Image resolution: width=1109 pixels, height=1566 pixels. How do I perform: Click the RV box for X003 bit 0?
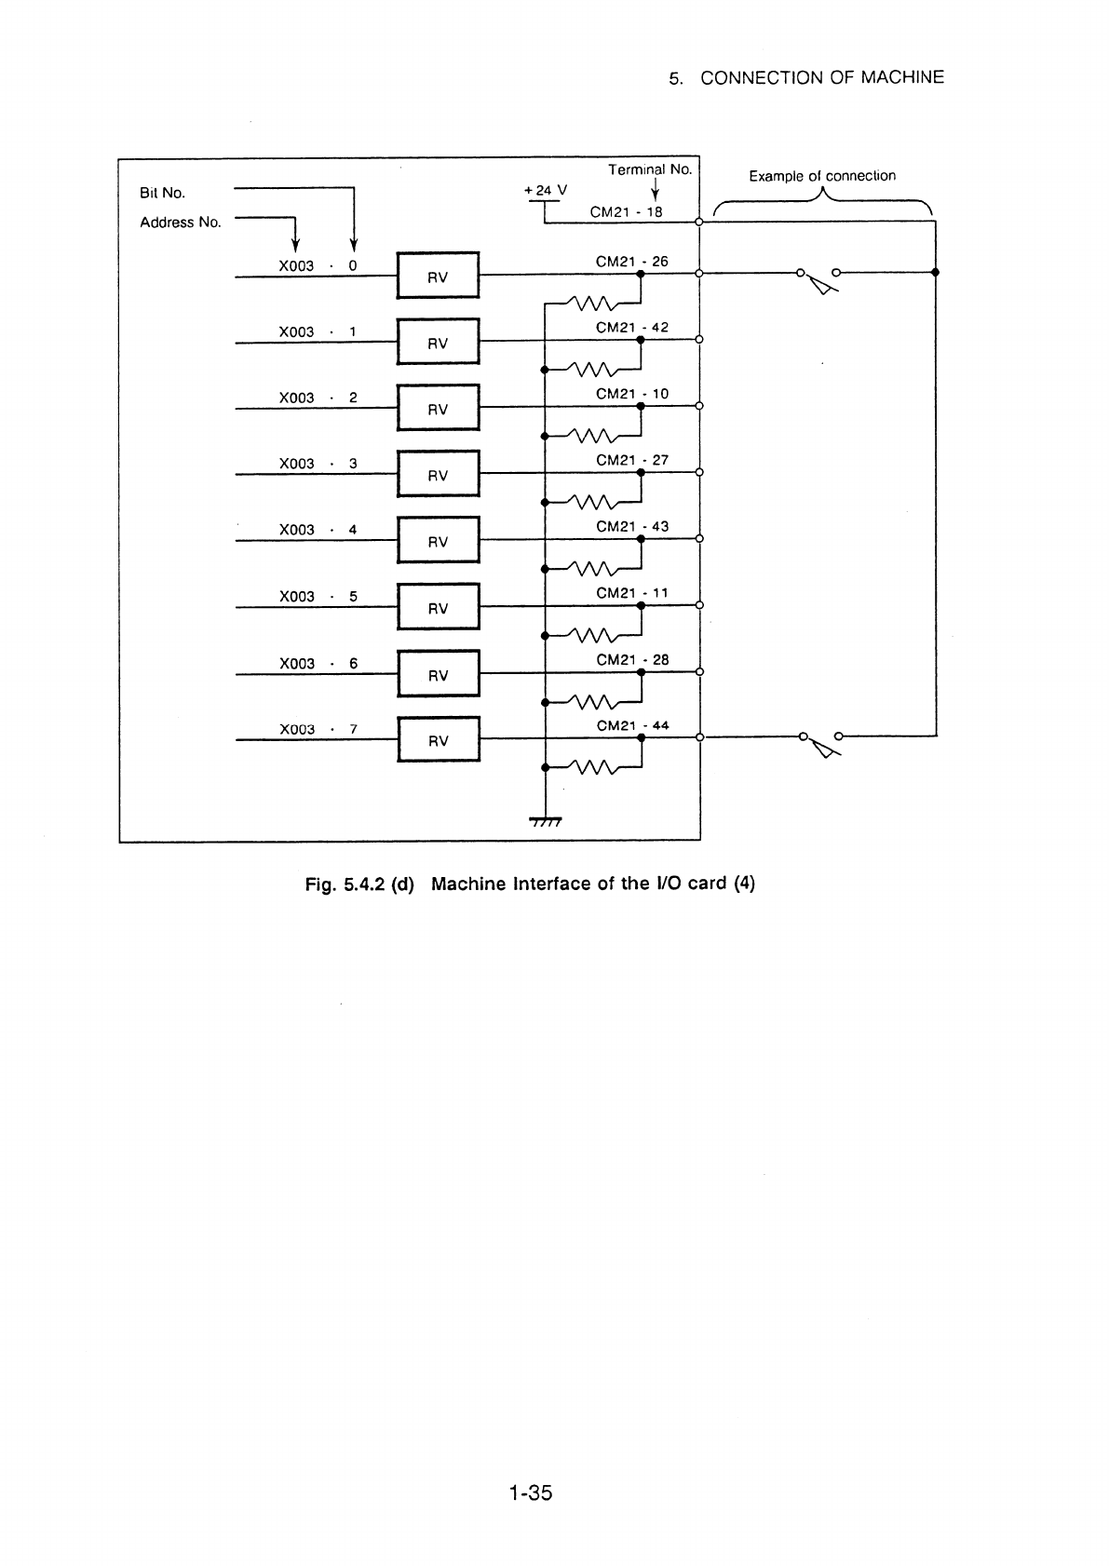[438, 275]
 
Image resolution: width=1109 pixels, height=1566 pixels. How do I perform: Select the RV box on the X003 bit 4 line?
[439, 540]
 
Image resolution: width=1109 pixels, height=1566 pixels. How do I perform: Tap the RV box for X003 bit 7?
[439, 739]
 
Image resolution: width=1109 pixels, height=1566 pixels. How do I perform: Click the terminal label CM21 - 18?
[626, 212]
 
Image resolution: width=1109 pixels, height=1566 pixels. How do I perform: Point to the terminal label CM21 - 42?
[632, 327]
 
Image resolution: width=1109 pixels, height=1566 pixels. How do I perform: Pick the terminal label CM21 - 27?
[632, 460]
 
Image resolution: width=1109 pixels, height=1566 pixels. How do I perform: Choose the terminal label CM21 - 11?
[632, 593]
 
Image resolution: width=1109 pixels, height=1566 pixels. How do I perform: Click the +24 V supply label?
[546, 190]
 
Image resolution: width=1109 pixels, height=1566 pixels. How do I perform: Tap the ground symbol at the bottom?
[546, 821]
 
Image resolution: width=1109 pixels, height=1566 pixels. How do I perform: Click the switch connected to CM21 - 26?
[818, 279]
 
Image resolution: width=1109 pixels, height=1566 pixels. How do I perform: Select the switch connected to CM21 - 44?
[821, 743]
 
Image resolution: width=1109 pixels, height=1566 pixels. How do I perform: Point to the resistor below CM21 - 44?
[593, 767]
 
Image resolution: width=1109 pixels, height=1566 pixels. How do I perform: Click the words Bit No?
[162, 193]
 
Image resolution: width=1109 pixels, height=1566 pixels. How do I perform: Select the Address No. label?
[181, 223]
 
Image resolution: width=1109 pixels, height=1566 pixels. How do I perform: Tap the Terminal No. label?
[650, 169]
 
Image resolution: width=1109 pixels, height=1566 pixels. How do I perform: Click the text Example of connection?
[822, 175]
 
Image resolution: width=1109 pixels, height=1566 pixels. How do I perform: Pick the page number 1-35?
[531, 1492]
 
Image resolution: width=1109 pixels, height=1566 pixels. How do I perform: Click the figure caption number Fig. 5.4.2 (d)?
[359, 884]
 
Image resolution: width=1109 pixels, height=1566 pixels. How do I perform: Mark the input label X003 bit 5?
[318, 597]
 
